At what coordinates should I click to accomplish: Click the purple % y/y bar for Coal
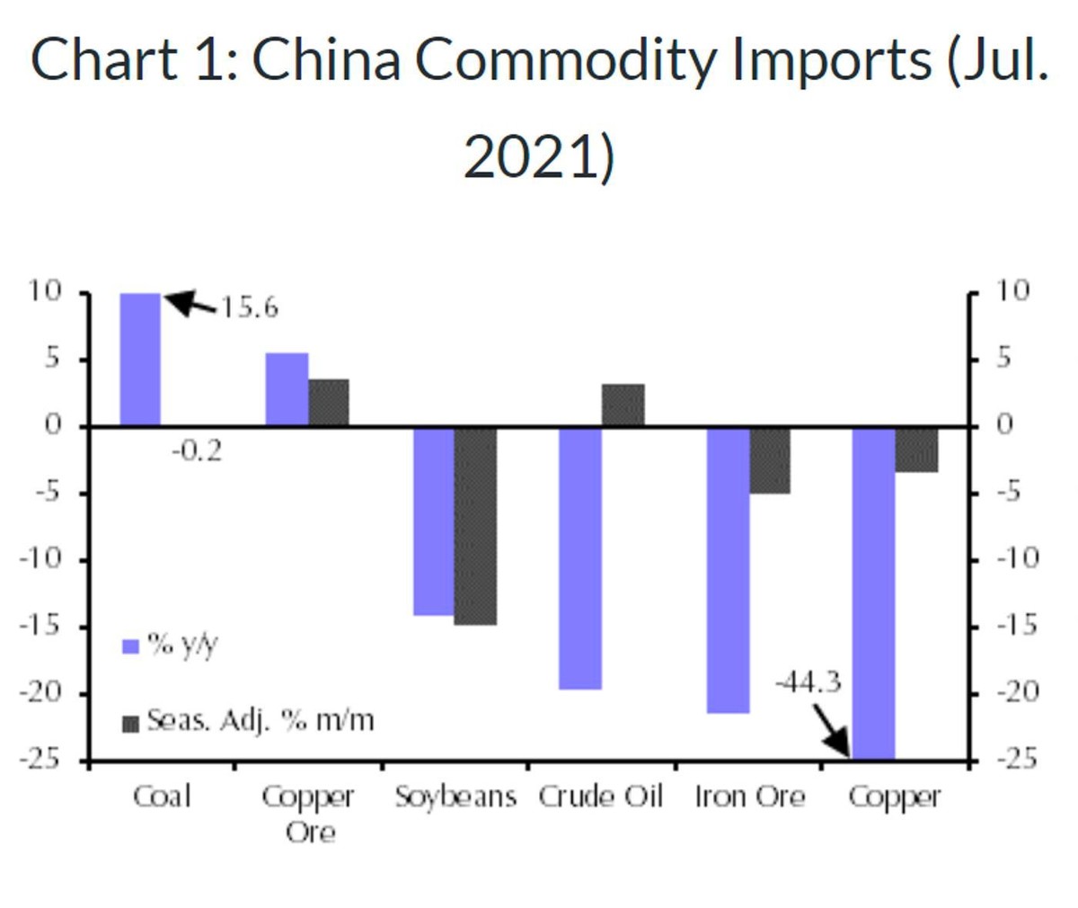pos(140,359)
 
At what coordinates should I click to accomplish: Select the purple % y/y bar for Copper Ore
pos(287,389)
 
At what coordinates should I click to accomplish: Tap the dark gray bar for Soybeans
pos(475,526)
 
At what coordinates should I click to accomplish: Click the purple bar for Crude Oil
pos(579,558)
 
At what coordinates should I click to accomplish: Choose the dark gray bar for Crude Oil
pos(623,405)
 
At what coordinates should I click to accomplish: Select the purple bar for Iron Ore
pos(727,570)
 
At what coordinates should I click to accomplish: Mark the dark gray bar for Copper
pos(916,450)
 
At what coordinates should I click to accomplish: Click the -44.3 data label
pos(808,683)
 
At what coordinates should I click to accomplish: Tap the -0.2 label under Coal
pos(196,450)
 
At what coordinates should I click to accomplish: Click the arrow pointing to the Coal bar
pos(190,304)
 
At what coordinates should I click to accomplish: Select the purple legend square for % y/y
pos(130,646)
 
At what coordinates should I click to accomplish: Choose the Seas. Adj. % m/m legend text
pos(260,721)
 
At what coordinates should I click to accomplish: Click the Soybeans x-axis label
pos(455,797)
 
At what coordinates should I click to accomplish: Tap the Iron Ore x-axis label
pos(749,797)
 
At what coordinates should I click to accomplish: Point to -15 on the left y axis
pos(41,626)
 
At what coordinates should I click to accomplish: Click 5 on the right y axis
pos(1003,359)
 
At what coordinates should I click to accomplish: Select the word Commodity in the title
pos(566,59)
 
